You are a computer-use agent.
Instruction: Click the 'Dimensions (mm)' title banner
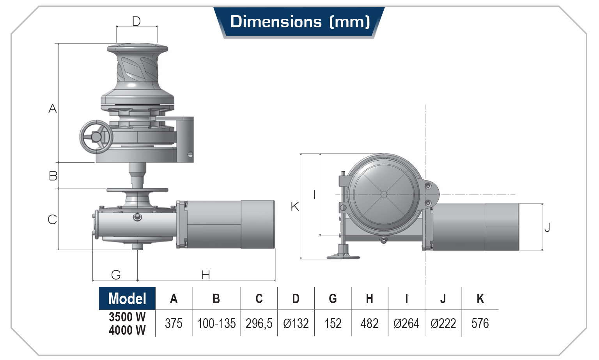[299, 22]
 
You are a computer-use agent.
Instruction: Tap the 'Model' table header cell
[127, 299]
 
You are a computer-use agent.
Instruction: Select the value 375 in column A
[174, 323]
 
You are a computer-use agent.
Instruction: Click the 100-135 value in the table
[216, 323]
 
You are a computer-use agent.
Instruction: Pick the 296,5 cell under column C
[259, 323]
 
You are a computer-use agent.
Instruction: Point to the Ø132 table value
[296, 323]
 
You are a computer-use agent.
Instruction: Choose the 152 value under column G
[333, 323]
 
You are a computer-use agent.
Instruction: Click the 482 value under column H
[369, 323]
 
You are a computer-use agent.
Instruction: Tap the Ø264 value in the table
[406, 323]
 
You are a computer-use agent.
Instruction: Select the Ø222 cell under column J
[443, 323]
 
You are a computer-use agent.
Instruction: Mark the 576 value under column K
[480, 323]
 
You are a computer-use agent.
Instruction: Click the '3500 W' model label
[127, 317]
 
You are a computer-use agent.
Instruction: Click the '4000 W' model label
[127, 330]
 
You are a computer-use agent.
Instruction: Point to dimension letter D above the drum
[136, 21]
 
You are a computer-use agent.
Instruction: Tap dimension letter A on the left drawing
[53, 108]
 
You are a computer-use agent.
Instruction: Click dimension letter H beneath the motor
[206, 275]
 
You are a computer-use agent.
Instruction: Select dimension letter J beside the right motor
[547, 227]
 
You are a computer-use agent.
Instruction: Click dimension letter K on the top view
[295, 206]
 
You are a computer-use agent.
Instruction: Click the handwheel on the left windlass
[96, 137]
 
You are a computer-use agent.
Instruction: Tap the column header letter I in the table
[406, 299]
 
